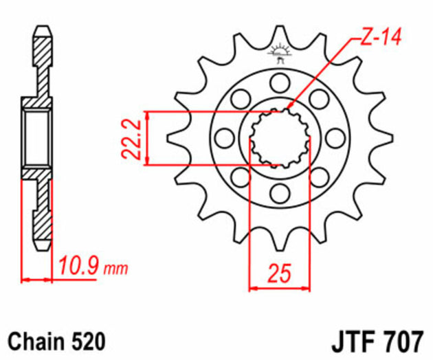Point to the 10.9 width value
click(x=78, y=265)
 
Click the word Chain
click(x=35, y=340)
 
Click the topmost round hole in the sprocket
click(x=279, y=84)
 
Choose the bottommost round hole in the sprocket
click(x=279, y=192)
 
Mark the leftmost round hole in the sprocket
click(x=225, y=138)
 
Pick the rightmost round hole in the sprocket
click(x=333, y=138)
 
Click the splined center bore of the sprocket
click(x=279, y=138)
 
